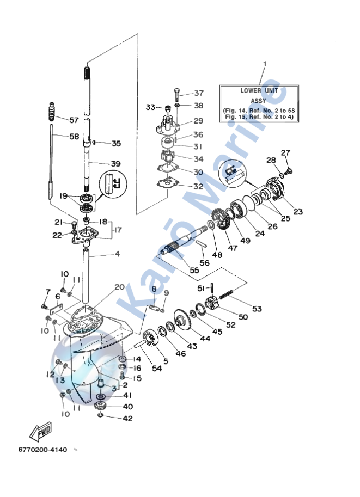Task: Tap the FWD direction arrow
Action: [40, 431]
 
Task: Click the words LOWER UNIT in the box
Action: [259, 91]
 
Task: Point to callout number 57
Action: [74, 120]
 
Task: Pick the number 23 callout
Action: [298, 211]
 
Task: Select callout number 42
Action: [127, 419]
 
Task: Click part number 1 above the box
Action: [265, 64]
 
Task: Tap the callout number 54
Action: [157, 369]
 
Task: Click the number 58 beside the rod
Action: [74, 137]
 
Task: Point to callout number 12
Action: [51, 375]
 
